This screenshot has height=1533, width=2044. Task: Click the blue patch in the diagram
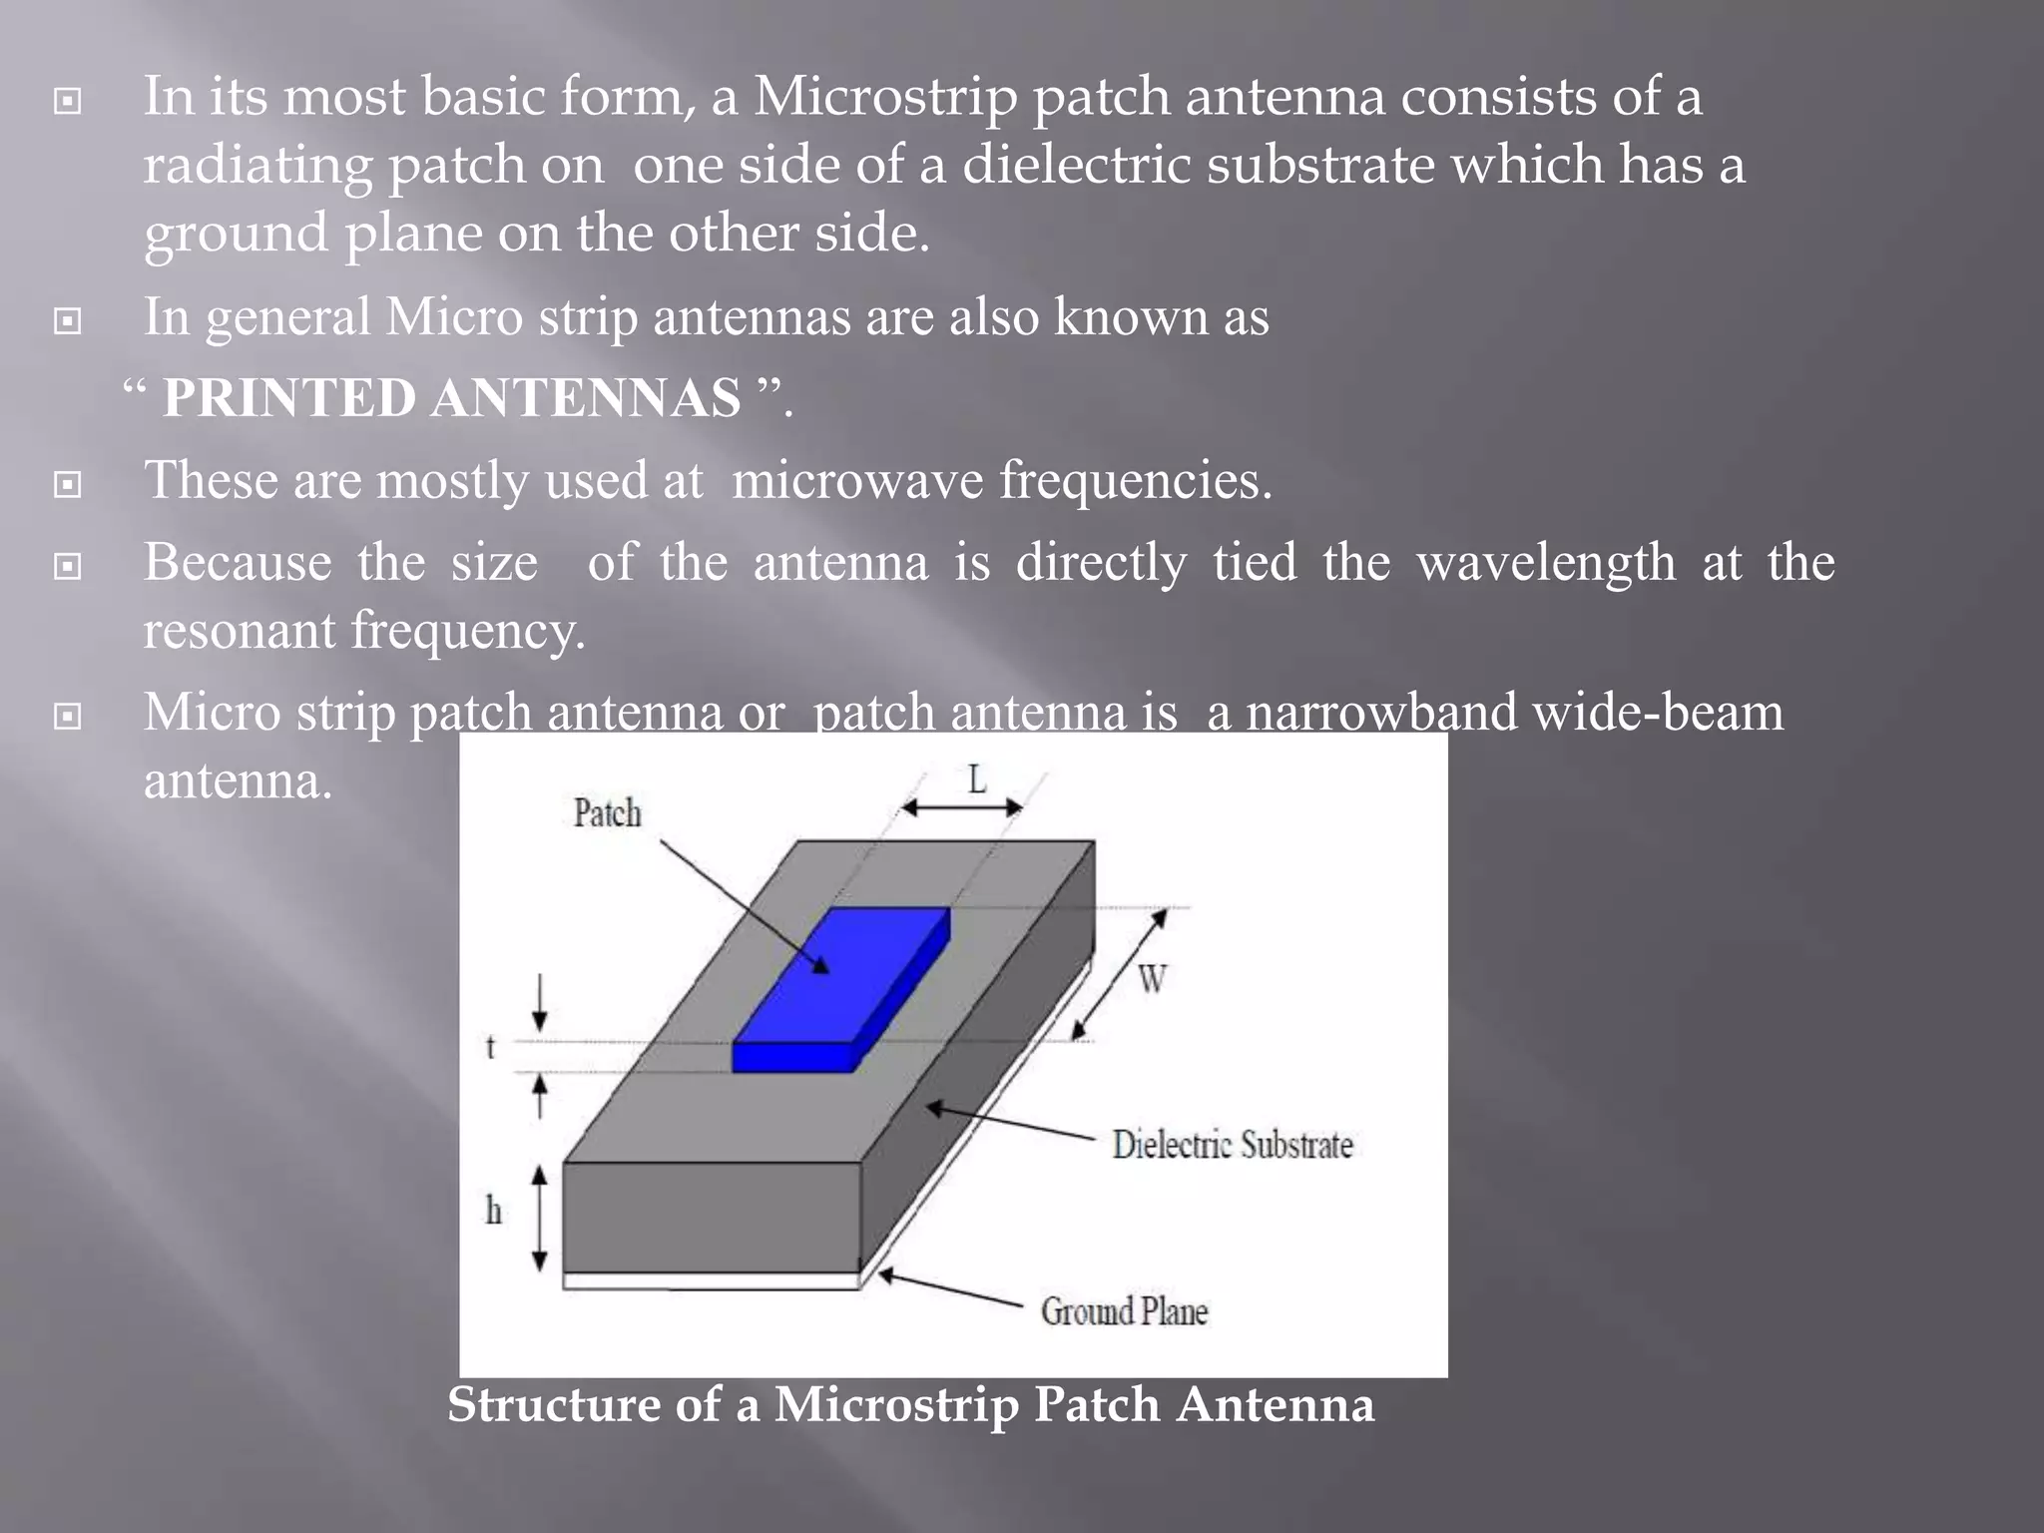point(838,988)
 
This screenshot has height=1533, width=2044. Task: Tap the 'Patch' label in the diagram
point(607,813)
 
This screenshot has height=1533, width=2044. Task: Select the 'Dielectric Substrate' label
point(1233,1145)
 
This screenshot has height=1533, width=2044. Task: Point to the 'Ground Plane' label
point(1124,1311)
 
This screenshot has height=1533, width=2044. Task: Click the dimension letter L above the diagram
point(977,778)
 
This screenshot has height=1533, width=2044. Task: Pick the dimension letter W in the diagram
point(1152,980)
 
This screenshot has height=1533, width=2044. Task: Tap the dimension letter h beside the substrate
point(493,1211)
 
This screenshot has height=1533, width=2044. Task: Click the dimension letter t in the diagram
point(490,1047)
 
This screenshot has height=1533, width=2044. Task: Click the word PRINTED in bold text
point(288,398)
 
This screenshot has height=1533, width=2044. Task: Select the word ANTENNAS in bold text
point(586,398)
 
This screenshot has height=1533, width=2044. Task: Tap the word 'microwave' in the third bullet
point(857,480)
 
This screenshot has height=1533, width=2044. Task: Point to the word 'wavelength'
point(1546,562)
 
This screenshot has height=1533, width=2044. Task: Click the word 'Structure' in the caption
point(553,1404)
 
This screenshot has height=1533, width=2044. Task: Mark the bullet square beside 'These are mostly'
point(67,485)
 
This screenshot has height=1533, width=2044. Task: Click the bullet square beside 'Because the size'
point(67,567)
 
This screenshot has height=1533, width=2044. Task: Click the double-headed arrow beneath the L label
point(961,807)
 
